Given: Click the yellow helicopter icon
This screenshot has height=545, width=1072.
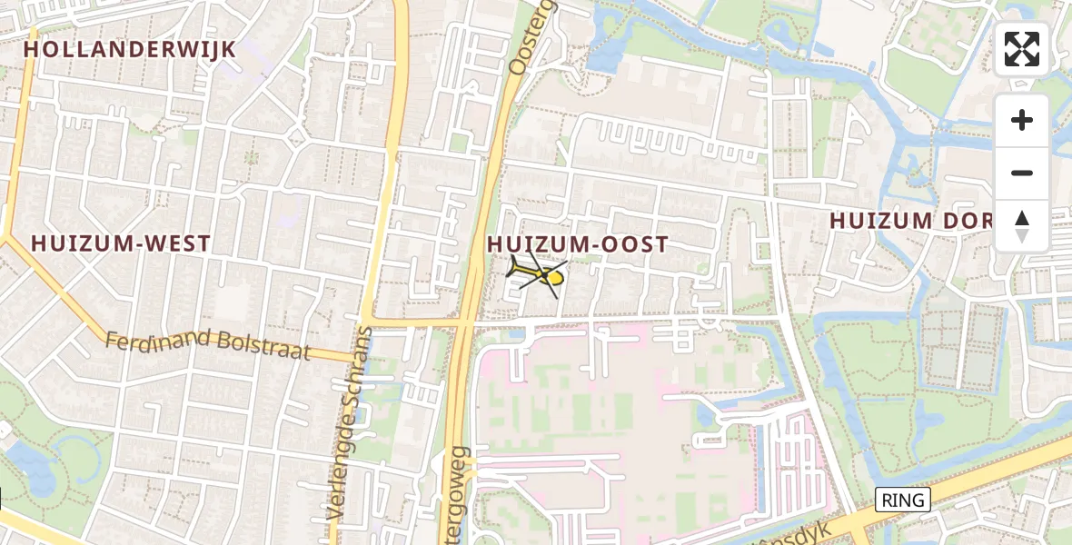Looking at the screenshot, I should pyautogui.click(x=537, y=275).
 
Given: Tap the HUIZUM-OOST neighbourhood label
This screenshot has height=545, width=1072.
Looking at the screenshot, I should pyautogui.click(x=578, y=244).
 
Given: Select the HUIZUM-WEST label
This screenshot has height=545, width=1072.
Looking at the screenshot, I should pyautogui.click(x=121, y=243).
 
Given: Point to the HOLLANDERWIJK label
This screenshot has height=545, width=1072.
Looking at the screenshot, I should pyautogui.click(x=130, y=49).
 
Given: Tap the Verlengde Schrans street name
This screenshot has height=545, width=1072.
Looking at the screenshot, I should pyautogui.click(x=349, y=422).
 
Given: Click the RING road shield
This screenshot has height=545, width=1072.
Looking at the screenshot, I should pyautogui.click(x=903, y=500).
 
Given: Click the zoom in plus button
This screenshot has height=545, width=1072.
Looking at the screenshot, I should pyautogui.click(x=1022, y=120).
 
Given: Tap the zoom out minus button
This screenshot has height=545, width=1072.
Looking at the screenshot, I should pyautogui.click(x=1022, y=173).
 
